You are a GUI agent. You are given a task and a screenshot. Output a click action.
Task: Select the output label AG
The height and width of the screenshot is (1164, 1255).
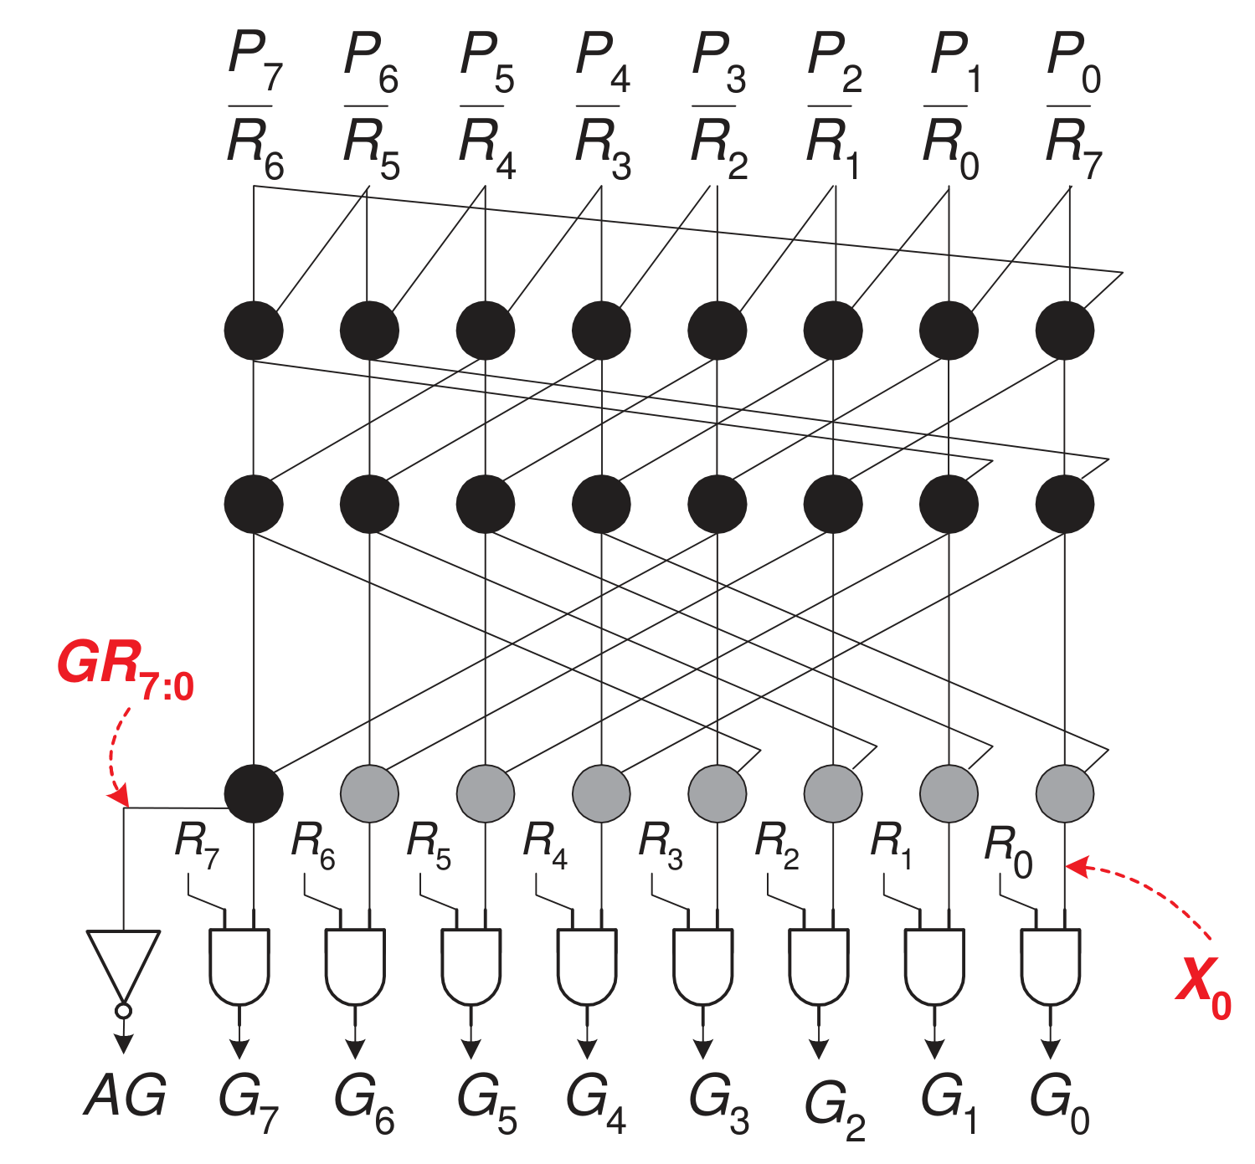125,1095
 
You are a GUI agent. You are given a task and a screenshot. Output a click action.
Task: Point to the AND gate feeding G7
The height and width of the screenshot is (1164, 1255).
239,967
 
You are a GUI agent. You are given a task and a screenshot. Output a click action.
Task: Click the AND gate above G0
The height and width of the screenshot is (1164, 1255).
1050,967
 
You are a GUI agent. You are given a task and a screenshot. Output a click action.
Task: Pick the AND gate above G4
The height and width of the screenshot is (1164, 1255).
587,967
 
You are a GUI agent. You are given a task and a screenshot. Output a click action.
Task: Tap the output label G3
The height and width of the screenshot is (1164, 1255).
719,1104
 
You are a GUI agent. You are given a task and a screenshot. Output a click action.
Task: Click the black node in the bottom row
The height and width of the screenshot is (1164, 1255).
254,793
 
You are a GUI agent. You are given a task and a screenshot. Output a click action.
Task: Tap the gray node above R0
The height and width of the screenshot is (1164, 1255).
1065,793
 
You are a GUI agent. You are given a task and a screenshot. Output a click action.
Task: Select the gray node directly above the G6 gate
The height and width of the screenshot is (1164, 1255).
370,793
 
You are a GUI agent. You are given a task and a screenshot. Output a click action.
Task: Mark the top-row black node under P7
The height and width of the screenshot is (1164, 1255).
254,331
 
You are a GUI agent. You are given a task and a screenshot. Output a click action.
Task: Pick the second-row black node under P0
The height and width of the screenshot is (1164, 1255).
1065,505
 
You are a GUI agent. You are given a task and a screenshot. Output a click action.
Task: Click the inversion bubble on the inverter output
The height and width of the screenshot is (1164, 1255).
124,1011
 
